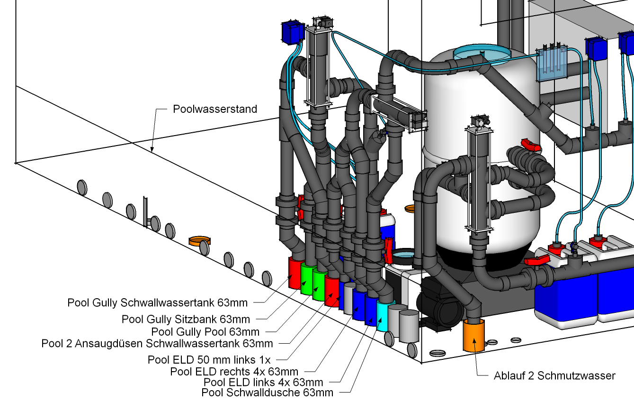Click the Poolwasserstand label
click(215, 109)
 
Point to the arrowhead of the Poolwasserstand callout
click(152, 149)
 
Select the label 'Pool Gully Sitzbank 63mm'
click(186, 319)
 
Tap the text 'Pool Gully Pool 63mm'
click(205, 331)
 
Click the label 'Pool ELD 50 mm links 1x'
click(209, 360)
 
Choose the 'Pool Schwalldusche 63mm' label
click(267, 393)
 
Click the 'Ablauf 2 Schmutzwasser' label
click(554, 375)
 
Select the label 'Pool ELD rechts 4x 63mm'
click(234, 371)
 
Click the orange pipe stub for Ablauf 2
click(473, 336)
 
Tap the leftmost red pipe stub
click(295, 273)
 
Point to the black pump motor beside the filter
click(440, 304)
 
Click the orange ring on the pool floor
click(199, 241)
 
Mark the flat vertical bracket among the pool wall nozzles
click(145, 211)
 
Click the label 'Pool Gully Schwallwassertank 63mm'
click(157, 303)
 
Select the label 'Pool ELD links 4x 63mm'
click(263, 383)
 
